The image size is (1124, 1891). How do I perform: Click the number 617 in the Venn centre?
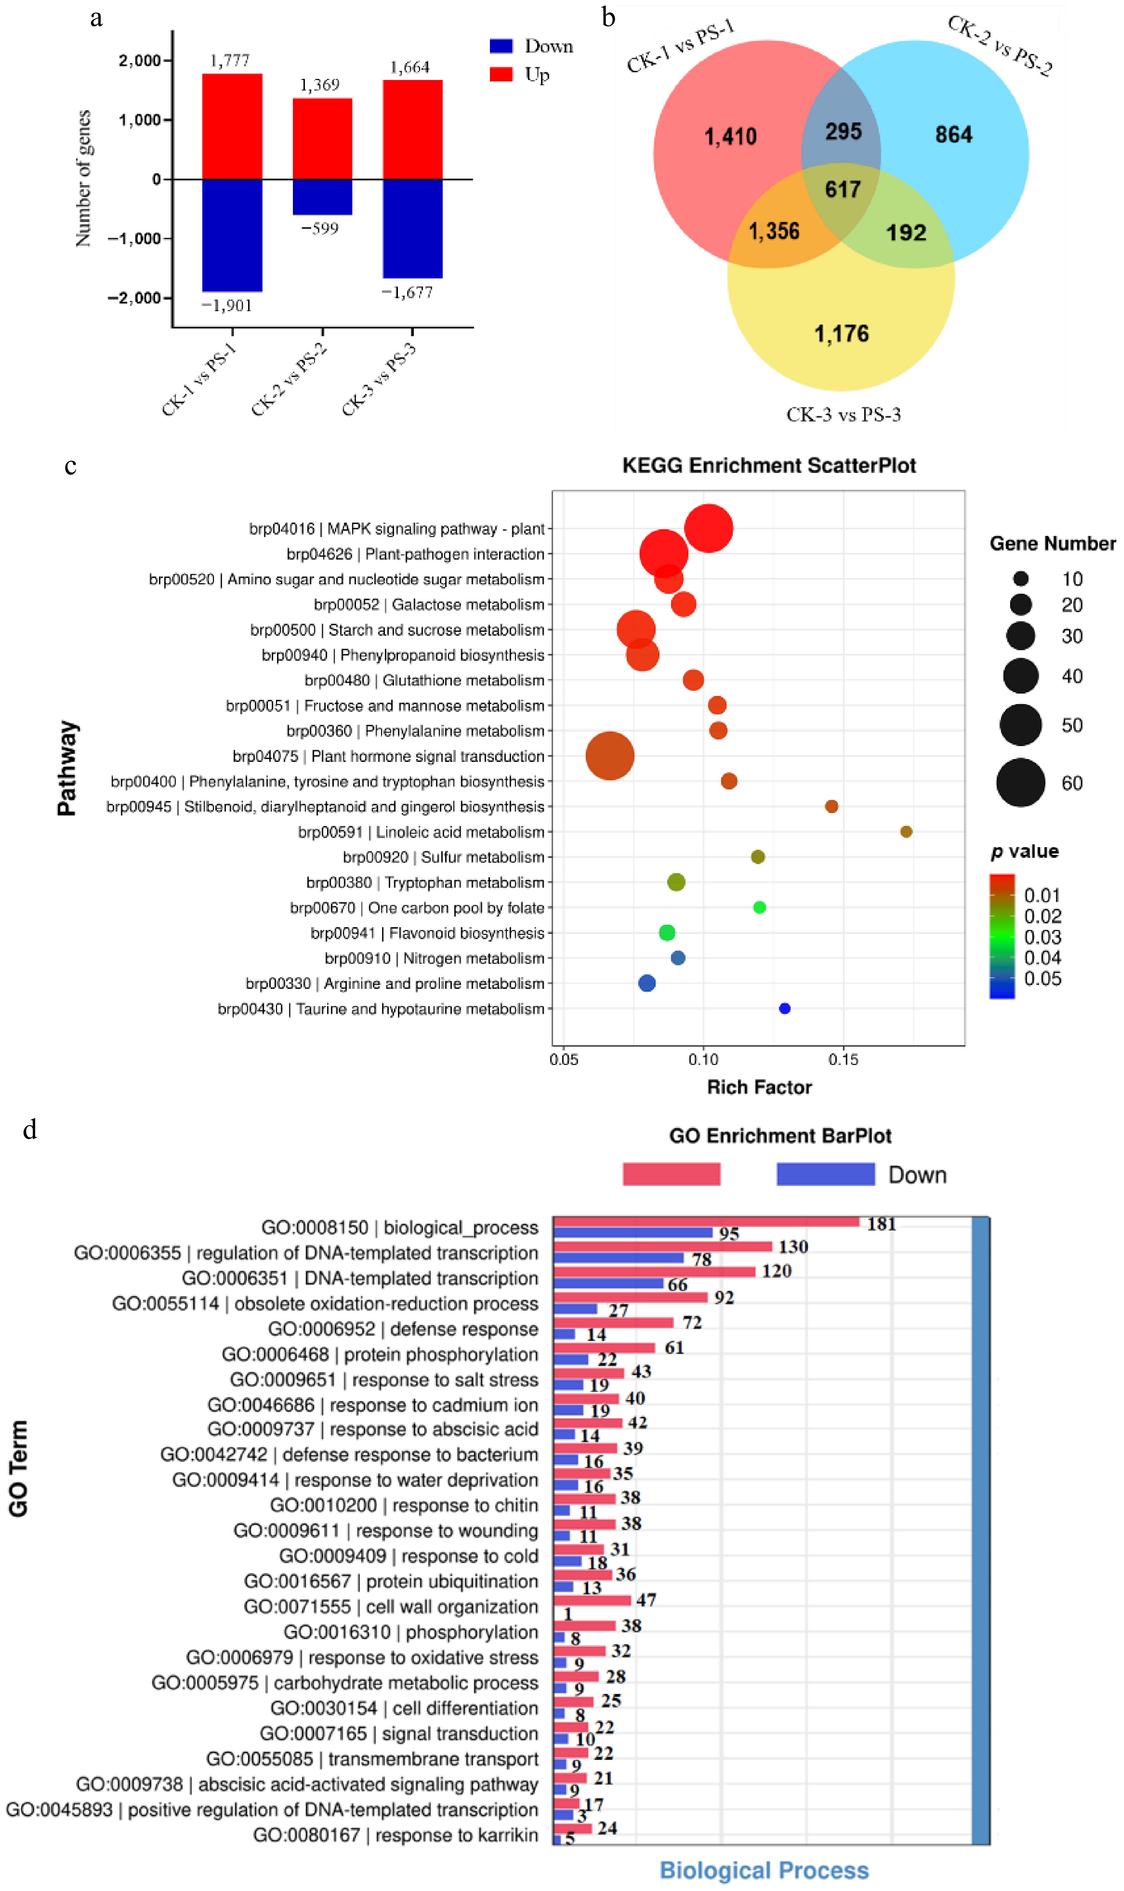click(842, 189)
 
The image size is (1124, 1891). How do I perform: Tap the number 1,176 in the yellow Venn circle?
click(841, 334)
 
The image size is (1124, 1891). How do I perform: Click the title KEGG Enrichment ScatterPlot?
click(769, 466)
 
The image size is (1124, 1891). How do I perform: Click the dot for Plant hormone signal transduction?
click(610, 756)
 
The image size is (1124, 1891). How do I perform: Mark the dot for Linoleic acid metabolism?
click(906, 832)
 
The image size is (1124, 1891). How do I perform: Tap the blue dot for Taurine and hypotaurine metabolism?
click(785, 1009)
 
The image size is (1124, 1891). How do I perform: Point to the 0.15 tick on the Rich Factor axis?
click(843, 1059)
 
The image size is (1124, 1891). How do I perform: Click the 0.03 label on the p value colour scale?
click(1042, 937)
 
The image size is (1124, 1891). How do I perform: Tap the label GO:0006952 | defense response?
click(403, 1330)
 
